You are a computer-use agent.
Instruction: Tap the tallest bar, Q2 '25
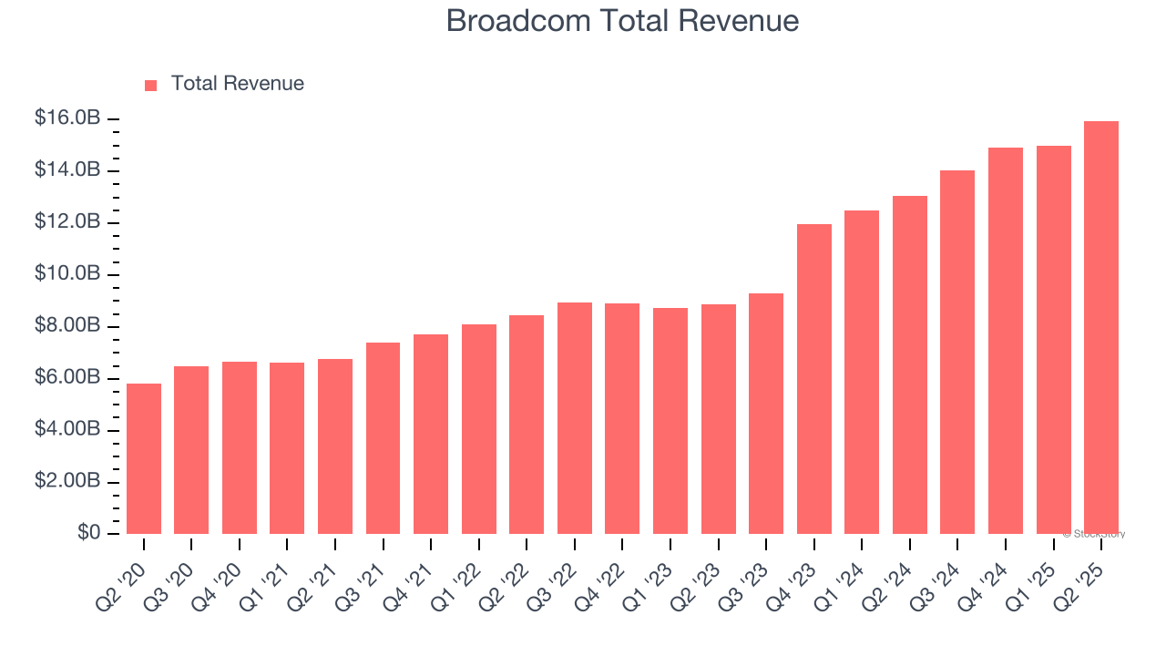tap(1101, 327)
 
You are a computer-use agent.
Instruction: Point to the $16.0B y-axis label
tap(67, 118)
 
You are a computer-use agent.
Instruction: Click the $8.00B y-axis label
tap(67, 326)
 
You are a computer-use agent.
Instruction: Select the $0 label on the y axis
tap(88, 532)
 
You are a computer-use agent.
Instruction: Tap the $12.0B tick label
tap(67, 222)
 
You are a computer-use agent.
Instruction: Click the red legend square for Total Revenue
tap(151, 85)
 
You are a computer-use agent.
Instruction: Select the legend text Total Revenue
tap(238, 84)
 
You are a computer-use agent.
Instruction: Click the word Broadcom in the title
tap(517, 20)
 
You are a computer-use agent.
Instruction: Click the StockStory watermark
tap(1096, 534)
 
